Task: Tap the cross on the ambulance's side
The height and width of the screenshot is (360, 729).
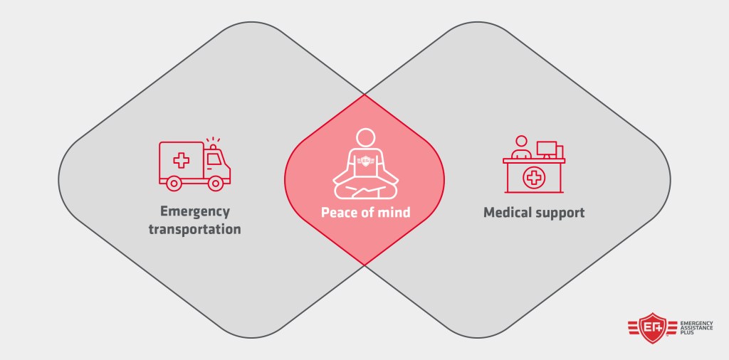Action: pos(182,160)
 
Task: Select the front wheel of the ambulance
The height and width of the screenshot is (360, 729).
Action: pos(215,184)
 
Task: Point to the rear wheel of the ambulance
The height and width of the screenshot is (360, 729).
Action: pos(173,184)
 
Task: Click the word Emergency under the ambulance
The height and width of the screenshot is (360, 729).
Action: pos(194,211)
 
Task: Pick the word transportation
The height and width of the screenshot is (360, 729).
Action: pos(194,229)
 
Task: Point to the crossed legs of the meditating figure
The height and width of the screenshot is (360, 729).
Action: pos(364,189)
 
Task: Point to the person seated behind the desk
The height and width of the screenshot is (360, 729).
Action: pos(521,148)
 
